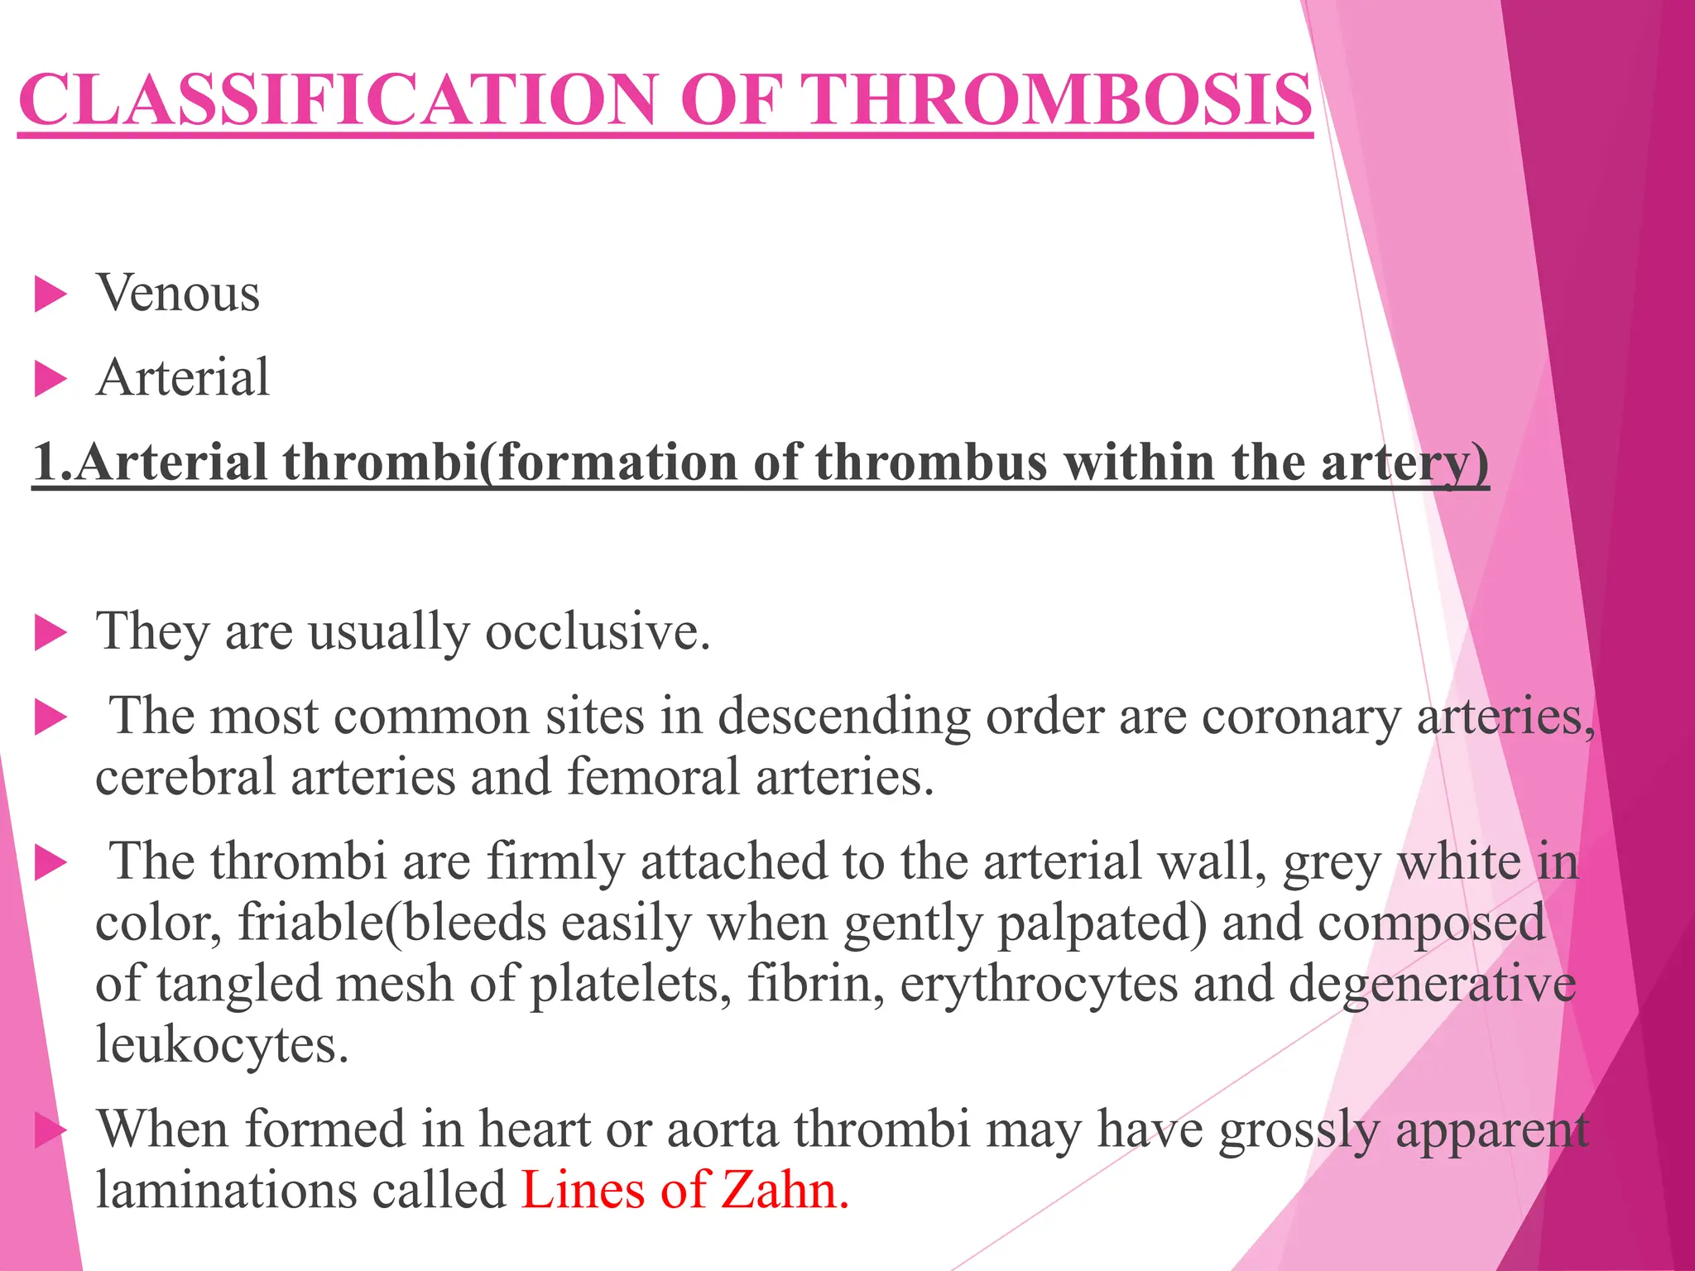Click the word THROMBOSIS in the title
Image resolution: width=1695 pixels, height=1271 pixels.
(x=1059, y=99)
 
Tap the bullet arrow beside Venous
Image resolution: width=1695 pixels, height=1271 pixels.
(x=50, y=295)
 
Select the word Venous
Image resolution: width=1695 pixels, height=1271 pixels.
(x=178, y=293)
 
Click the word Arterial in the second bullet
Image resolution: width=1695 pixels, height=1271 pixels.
(x=183, y=377)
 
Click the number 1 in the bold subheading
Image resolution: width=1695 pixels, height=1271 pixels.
(x=46, y=462)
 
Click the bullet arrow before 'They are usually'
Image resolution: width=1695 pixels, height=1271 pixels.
(x=50, y=635)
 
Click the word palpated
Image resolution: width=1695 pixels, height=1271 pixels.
(x=1101, y=923)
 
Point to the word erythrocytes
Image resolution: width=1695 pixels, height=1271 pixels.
(x=1039, y=984)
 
